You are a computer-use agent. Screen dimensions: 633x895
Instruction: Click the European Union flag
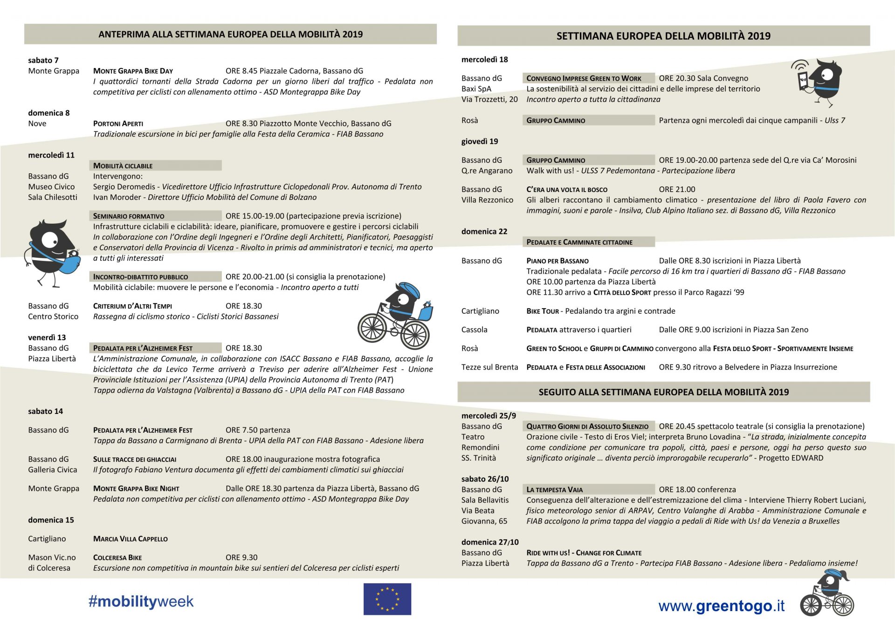point(387,599)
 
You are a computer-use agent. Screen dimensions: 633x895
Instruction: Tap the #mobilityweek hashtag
point(141,601)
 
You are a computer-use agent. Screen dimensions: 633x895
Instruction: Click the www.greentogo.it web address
point(721,606)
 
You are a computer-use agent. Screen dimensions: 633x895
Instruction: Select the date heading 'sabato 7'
point(43,60)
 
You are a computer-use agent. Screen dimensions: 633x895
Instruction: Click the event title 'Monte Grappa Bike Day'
point(133,71)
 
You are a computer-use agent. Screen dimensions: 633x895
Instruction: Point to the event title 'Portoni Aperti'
point(118,124)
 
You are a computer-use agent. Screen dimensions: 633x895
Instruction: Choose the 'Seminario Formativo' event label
point(129,216)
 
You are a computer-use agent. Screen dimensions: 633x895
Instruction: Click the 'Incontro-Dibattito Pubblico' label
point(140,276)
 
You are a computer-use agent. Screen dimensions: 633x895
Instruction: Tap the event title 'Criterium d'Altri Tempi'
point(132,306)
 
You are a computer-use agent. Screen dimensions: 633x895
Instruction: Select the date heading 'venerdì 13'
point(47,337)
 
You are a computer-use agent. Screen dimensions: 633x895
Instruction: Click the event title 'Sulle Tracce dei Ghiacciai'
point(135,459)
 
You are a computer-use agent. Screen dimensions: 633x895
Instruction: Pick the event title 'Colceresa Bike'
point(117,557)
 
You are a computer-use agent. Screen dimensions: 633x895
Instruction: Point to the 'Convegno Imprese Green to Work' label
point(584,78)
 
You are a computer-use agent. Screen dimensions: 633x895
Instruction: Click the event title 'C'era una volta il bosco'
point(567,189)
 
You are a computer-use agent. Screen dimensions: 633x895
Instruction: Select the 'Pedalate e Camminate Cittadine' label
point(579,242)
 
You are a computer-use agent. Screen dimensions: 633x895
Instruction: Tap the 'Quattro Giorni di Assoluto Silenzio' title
point(587,426)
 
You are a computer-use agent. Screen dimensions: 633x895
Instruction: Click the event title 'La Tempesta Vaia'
point(554,489)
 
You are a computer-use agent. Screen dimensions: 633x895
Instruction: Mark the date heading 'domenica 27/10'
point(489,542)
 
